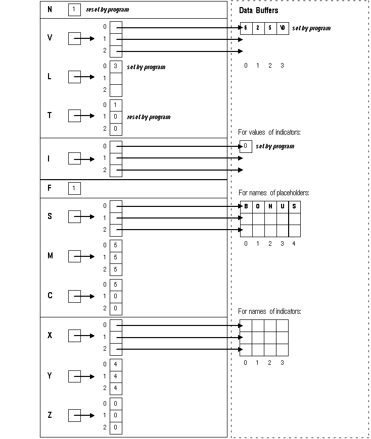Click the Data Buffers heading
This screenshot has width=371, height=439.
tap(258, 10)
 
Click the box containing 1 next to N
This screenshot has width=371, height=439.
tap(74, 10)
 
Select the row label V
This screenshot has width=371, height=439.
tap(50, 38)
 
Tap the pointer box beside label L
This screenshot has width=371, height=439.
tap(74, 77)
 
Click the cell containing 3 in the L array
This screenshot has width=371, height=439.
tap(116, 66)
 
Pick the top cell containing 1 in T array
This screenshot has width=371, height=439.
tap(116, 105)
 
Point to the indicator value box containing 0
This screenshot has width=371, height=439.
tap(245, 146)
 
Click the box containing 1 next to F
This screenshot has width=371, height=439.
tap(74, 188)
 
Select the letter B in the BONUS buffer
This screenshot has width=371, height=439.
tap(246, 206)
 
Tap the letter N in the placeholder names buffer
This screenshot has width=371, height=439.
tap(270, 206)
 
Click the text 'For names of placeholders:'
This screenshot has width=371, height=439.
tap(273, 193)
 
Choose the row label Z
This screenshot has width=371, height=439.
tap(50, 415)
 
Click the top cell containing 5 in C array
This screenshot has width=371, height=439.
tap(116, 284)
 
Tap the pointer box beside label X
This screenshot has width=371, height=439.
tap(74, 336)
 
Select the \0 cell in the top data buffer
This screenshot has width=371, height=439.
tap(283, 28)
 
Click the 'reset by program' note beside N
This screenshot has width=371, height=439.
tap(107, 10)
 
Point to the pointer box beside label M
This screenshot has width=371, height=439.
tap(74, 256)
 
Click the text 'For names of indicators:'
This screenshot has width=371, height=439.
tap(269, 311)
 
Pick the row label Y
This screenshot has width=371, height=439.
tap(50, 376)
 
